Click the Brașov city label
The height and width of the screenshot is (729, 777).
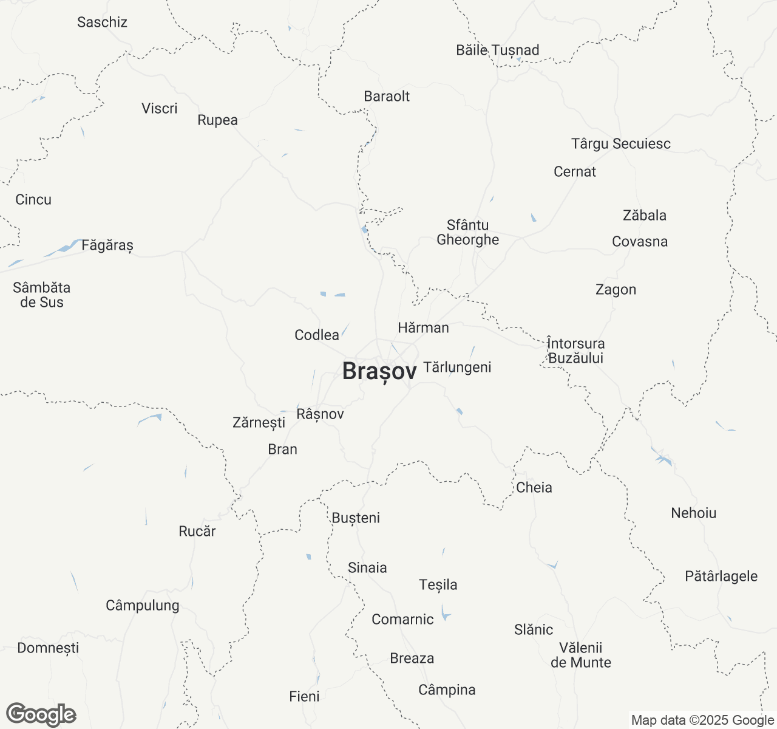tap(379, 371)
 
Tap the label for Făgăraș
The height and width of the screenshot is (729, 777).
tap(107, 245)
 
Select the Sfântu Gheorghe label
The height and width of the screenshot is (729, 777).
tap(468, 233)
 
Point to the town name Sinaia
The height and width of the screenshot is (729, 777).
tap(367, 567)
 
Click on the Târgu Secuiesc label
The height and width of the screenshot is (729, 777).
tap(621, 144)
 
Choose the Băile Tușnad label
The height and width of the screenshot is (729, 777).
tap(498, 50)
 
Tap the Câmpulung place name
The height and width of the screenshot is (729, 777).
tap(143, 605)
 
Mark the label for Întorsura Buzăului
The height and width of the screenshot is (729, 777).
tap(575, 351)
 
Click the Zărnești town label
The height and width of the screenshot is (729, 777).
tap(259, 422)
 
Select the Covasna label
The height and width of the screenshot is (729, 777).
tap(640, 241)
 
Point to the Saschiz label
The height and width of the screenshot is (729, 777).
tap(102, 22)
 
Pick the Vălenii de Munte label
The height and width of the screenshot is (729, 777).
tap(581, 655)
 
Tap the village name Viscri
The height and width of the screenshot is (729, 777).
tap(160, 109)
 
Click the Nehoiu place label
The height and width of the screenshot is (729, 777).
tap(694, 513)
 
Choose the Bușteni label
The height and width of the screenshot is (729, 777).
tap(356, 518)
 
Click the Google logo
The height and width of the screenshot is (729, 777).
tap(41, 715)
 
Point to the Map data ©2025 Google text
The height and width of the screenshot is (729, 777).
tap(702, 720)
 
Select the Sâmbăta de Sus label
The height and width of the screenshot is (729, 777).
tap(42, 295)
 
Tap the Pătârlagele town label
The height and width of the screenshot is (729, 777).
tap(721, 576)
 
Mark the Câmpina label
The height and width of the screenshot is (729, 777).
tap(447, 690)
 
